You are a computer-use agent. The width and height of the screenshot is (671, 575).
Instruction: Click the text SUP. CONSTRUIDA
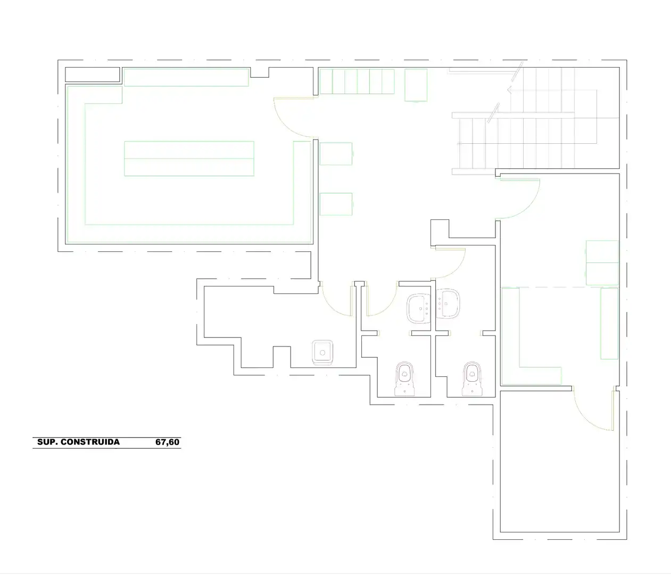click(78, 442)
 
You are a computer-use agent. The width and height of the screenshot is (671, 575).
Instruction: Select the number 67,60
click(167, 442)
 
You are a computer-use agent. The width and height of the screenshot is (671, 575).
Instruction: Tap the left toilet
click(404, 379)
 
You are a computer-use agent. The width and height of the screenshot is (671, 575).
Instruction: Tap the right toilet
click(473, 379)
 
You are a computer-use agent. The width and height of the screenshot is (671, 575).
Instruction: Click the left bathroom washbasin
click(418, 308)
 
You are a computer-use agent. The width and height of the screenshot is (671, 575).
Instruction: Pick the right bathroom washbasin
click(448, 304)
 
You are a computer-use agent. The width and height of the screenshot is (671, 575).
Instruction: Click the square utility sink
click(322, 352)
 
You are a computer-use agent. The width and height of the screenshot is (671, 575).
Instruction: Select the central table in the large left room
click(189, 159)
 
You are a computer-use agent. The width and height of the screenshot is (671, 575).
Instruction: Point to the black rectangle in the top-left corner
click(93, 75)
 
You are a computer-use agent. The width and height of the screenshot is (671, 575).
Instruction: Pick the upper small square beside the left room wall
click(336, 154)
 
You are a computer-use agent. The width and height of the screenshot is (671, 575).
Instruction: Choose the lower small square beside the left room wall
click(336, 204)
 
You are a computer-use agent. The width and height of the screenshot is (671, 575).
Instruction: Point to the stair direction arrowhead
click(510, 89)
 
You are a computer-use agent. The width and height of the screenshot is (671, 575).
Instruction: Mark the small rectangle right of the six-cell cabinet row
click(416, 85)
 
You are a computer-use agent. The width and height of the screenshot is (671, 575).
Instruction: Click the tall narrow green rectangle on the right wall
click(609, 324)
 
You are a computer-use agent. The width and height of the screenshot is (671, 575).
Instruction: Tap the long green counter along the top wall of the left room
click(186, 77)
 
